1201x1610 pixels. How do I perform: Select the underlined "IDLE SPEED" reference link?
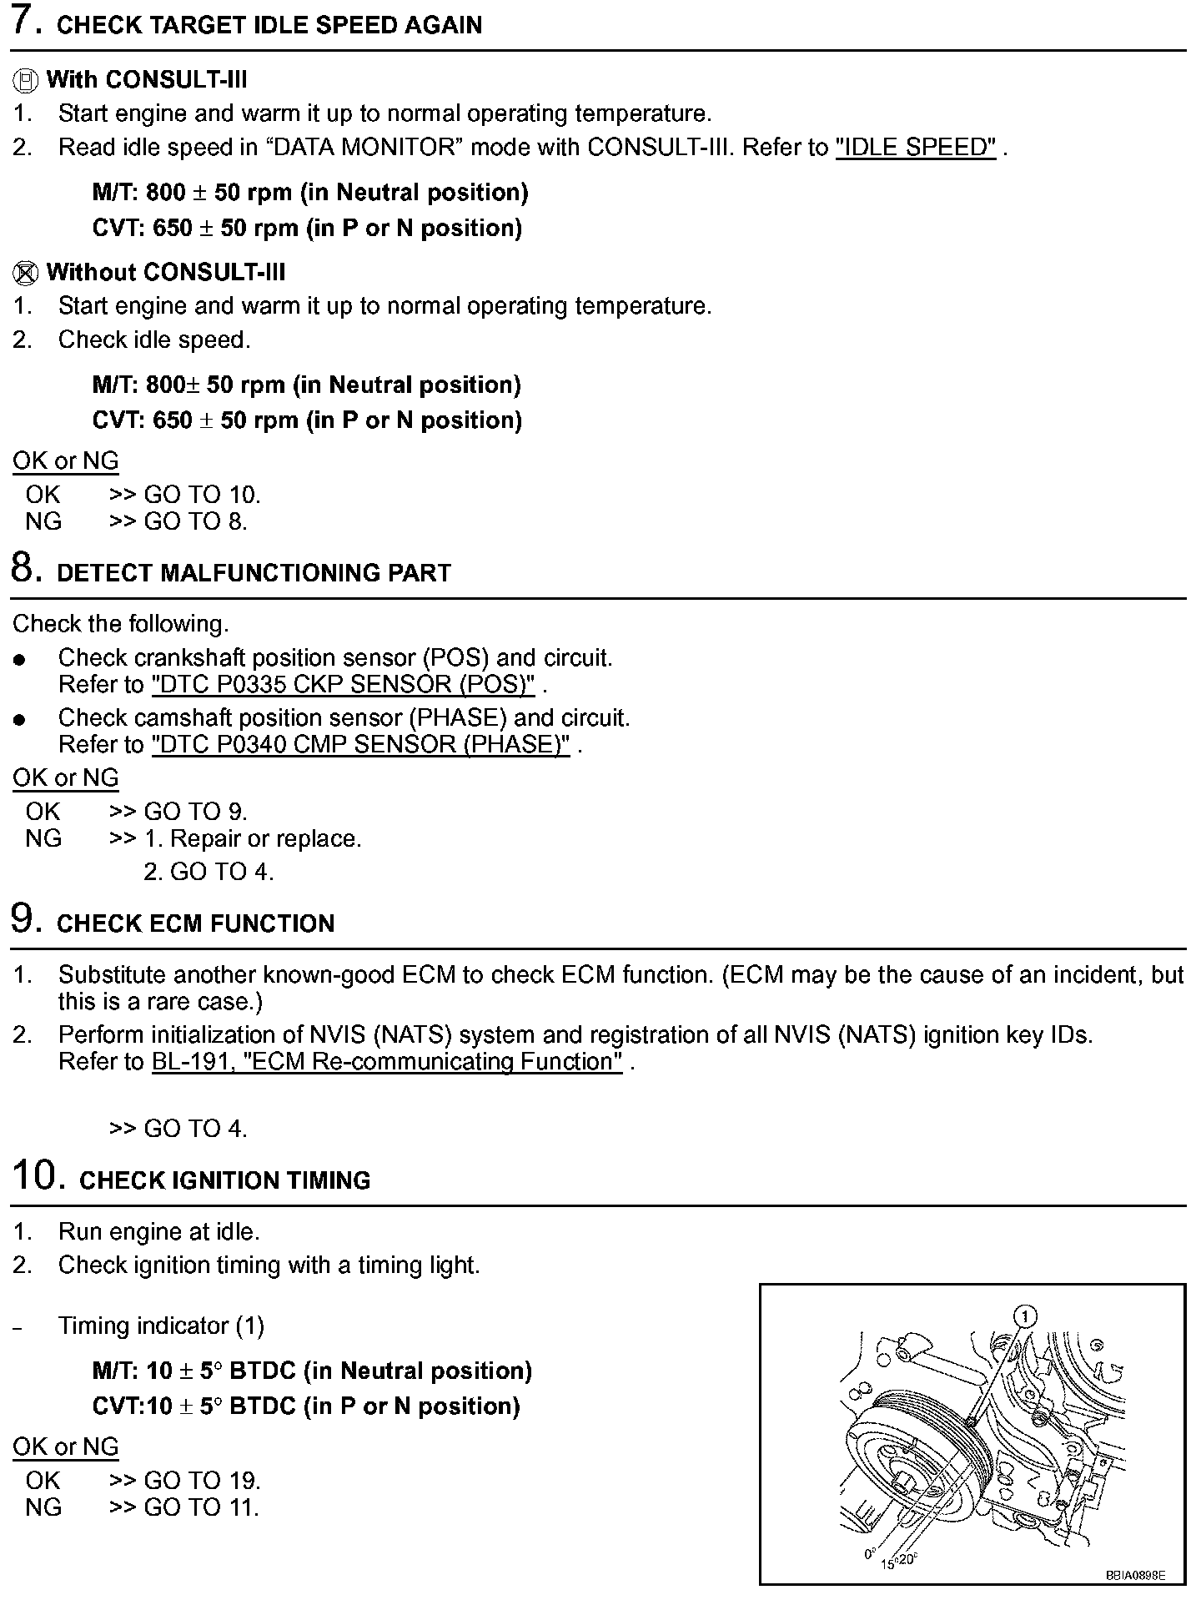pos(915,148)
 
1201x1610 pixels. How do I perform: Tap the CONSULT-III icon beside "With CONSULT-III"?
pos(25,81)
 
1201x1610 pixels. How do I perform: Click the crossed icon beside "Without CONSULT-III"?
pos(25,273)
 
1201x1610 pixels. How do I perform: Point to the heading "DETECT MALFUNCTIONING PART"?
pos(254,573)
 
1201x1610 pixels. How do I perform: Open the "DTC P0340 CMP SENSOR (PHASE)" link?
pos(360,744)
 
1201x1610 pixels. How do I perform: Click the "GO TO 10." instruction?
pos(202,495)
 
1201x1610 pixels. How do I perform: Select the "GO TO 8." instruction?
pos(195,521)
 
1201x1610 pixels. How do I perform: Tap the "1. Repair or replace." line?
pos(253,838)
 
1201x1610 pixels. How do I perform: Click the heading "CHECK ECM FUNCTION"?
pos(195,923)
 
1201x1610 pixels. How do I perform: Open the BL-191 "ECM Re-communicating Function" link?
pos(387,1062)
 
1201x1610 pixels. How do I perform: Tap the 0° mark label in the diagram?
pos(870,1554)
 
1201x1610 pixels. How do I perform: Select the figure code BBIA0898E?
pos(1134,1576)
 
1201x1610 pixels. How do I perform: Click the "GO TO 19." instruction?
pos(202,1481)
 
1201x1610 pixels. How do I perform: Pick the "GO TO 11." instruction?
pos(201,1507)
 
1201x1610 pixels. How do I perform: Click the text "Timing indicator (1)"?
pos(161,1326)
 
